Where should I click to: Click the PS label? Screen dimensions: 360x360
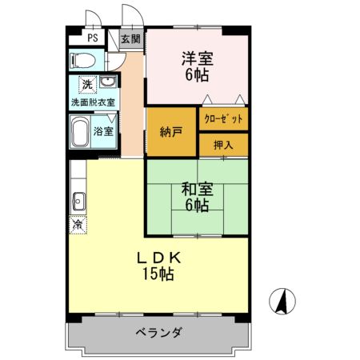click(x=94, y=38)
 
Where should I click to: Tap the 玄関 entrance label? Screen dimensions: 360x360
click(x=130, y=38)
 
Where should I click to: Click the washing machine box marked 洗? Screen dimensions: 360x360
click(x=86, y=83)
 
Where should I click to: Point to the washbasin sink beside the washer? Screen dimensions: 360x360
click(x=106, y=82)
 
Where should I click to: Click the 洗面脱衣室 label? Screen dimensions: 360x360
click(x=93, y=102)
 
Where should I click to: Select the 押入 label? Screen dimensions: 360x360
click(x=222, y=145)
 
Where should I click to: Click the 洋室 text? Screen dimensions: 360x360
click(x=197, y=58)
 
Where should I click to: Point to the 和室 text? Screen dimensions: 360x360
click(x=196, y=190)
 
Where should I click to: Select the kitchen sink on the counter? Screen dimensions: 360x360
click(x=78, y=200)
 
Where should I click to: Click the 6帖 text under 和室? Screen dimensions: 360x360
click(x=197, y=206)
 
